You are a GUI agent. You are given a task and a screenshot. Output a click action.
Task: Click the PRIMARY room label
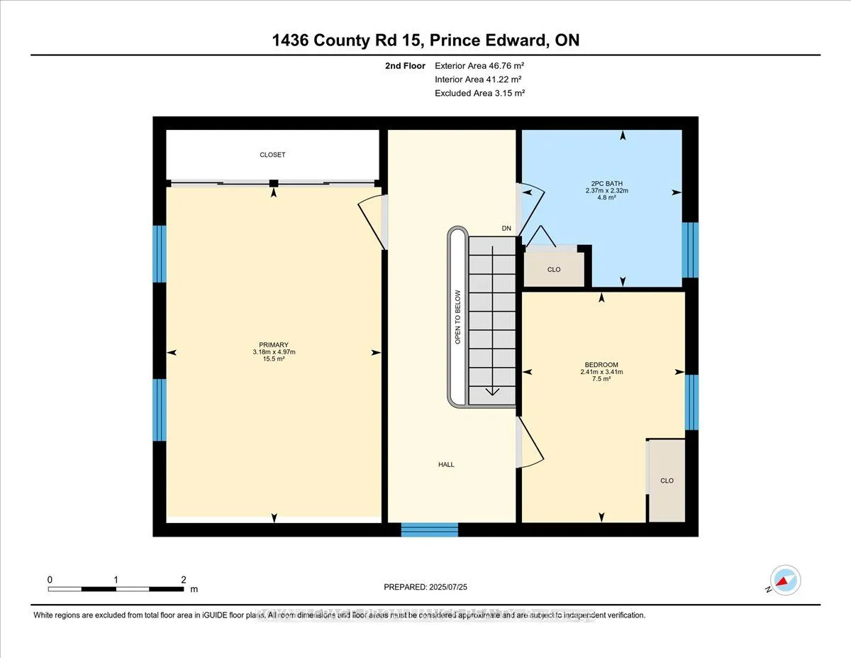coord(273,345)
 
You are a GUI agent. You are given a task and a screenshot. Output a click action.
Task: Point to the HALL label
coord(446,465)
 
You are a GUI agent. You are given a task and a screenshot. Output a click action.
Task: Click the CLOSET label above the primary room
coord(272,155)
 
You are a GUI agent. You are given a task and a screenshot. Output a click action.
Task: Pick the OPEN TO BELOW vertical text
coord(458,317)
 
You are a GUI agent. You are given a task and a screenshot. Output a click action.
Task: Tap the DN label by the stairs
coord(506,229)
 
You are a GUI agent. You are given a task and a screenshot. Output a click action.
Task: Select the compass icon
coord(786,581)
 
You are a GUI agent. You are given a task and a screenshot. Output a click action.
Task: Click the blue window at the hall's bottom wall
coord(430,530)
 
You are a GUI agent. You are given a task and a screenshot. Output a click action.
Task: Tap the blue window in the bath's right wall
coord(690,249)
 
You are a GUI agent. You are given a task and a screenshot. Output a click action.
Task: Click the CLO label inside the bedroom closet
coord(667,481)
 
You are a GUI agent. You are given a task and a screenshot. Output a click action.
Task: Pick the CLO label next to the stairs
coord(554,270)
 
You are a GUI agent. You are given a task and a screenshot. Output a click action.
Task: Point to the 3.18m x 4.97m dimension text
coord(273,352)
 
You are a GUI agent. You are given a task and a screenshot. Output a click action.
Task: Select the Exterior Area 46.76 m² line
coord(479,66)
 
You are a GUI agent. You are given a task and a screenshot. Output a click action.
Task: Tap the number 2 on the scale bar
coord(183,579)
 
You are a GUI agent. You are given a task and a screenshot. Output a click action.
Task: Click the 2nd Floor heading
coord(405,66)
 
